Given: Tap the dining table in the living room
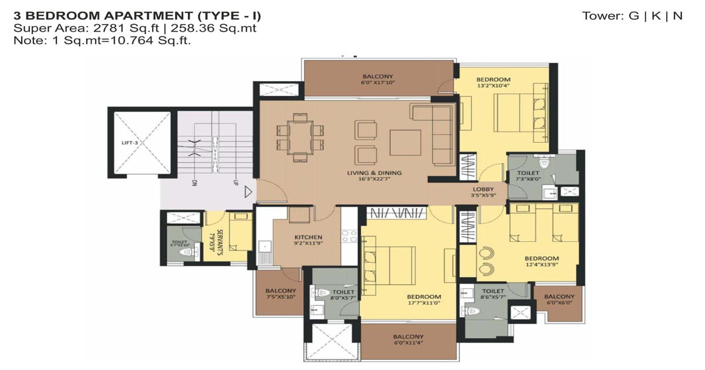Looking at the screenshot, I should tap(300, 136).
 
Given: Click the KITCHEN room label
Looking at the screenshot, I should tap(308, 237).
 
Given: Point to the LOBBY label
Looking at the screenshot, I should tap(482, 189).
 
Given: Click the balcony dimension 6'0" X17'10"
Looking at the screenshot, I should tap(377, 83).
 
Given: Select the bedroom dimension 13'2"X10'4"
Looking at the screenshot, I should tap(493, 86).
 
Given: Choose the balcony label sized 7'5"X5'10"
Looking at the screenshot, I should tap(280, 298).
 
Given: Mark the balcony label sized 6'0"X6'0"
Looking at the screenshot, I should tap(559, 304).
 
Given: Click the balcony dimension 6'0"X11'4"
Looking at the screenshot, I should tap(408, 344).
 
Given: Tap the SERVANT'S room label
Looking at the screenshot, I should tap(218, 240).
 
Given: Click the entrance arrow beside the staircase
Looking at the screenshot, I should tap(249, 191).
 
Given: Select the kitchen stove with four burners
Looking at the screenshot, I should tap(350, 236).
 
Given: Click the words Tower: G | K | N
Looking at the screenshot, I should tap(632, 16).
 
